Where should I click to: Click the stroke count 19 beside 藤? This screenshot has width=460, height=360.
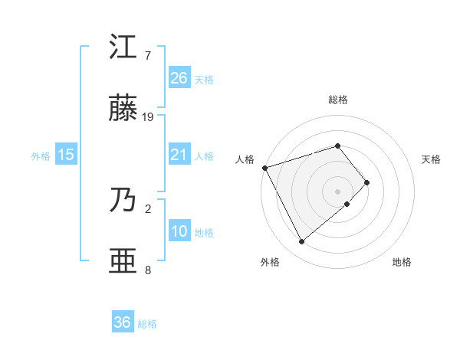click(x=148, y=117)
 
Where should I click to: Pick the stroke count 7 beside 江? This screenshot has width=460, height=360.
click(x=148, y=55)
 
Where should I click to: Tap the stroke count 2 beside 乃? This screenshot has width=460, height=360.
click(x=148, y=208)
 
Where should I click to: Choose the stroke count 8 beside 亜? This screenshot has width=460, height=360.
click(x=148, y=270)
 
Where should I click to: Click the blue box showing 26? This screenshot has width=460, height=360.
click(x=179, y=77)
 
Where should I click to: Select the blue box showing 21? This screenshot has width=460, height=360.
click(x=179, y=155)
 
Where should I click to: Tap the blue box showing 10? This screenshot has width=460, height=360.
click(x=179, y=231)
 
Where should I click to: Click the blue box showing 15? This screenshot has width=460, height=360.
click(x=66, y=155)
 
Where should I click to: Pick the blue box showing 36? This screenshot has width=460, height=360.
click(x=123, y=322)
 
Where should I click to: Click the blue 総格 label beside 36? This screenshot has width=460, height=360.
click(x=147, y=324)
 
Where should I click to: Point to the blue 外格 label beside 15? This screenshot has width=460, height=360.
click(x=41, y=156)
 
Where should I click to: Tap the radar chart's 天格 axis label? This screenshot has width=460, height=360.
click(x=431, y=159)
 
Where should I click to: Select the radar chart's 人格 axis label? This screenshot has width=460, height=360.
click(x=245, y=159)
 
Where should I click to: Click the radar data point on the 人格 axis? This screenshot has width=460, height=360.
click(x=264, y=167)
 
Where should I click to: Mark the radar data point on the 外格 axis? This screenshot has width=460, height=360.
click(x=301, y=242)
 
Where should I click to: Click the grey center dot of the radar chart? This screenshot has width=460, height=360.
click(x=337, y=191)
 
